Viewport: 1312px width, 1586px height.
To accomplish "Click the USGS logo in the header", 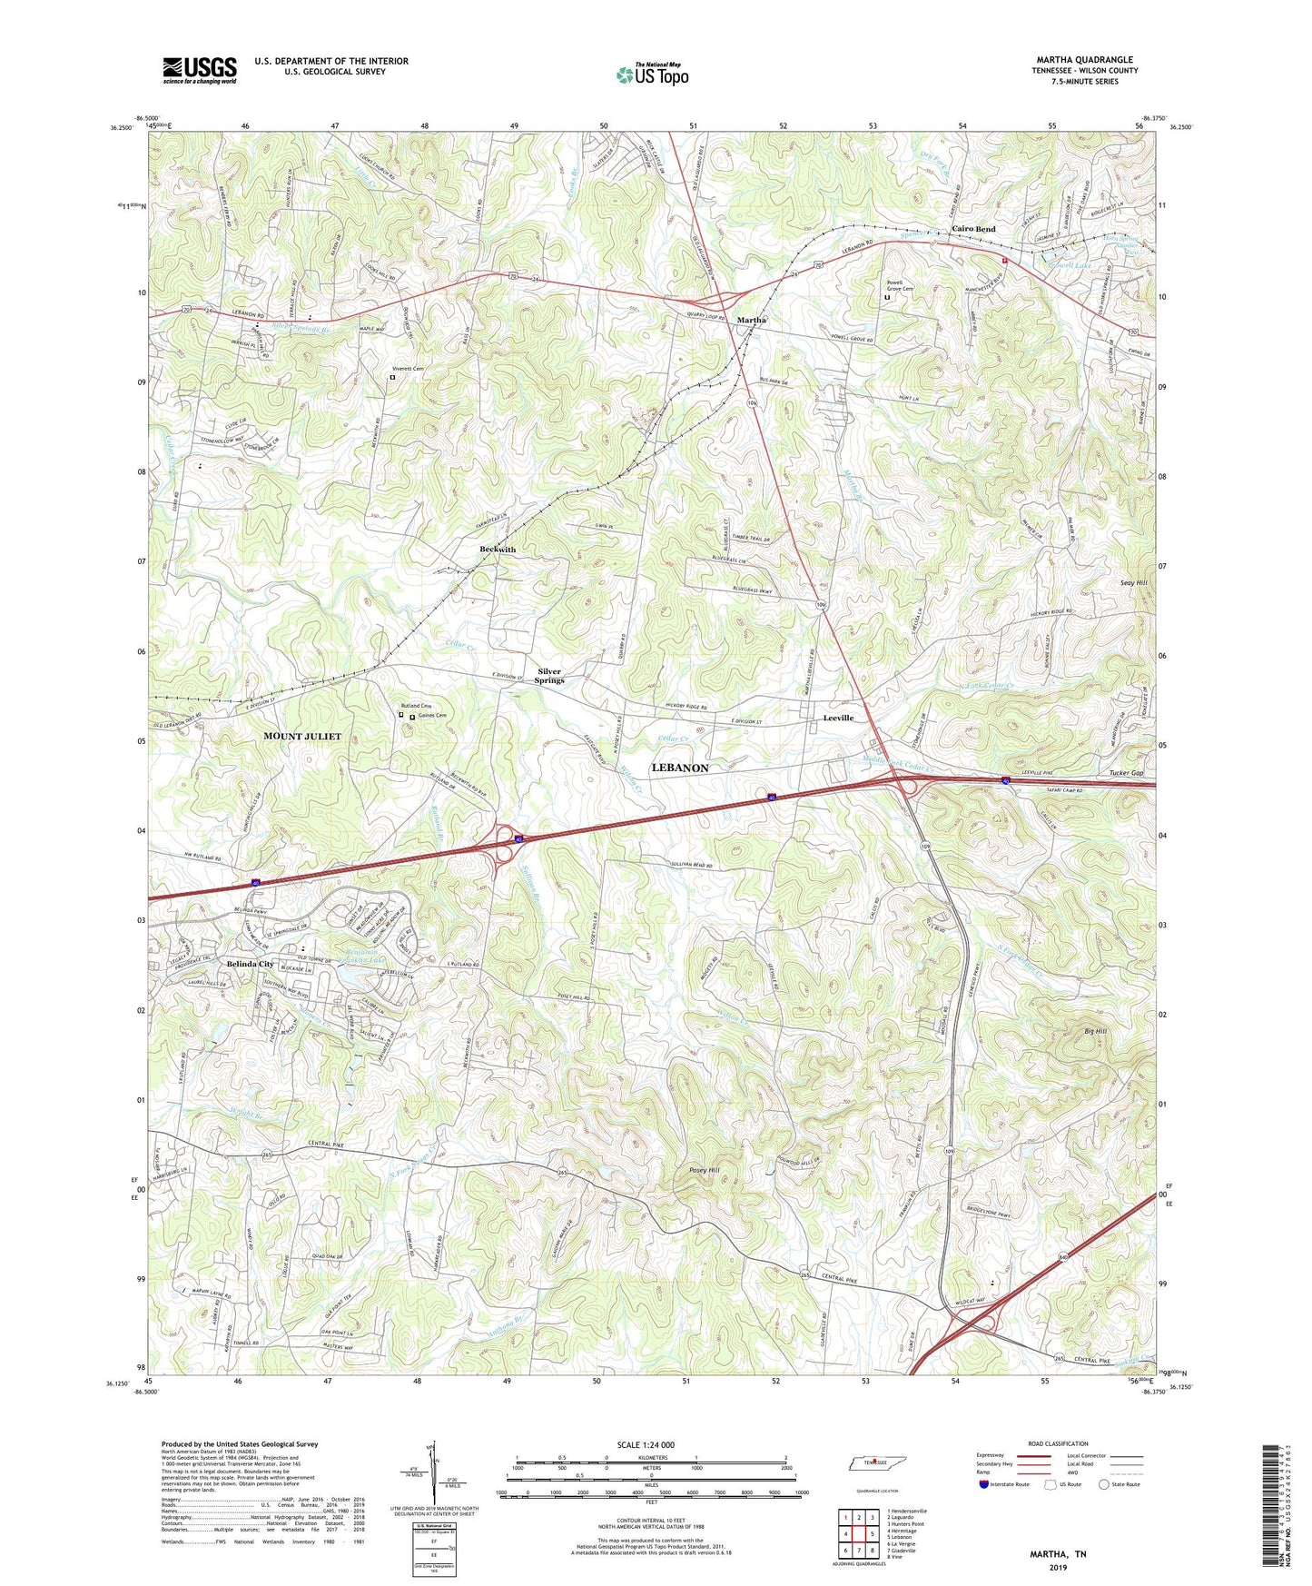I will click(200, 70).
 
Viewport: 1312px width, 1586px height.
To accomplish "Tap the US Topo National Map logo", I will click(652, 74).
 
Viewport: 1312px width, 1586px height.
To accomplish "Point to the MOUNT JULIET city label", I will click(302, 736).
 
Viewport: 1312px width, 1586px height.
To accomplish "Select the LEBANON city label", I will click(679, 768).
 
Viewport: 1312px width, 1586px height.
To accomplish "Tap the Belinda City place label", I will click(251, 964).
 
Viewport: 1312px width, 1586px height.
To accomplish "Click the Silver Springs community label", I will click(549, 676).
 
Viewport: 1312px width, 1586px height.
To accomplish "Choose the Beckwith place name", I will click(498, 550).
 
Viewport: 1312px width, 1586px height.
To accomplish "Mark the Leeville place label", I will click(838, 718).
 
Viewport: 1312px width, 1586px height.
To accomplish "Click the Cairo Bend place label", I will click(973, 229).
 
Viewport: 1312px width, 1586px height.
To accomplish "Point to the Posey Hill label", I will click(705, 1170).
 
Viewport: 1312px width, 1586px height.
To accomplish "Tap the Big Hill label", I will click(1095, 1032).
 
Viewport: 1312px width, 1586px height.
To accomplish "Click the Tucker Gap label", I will click(1126, 773).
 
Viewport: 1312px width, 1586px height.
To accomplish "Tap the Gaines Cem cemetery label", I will click(433, 716).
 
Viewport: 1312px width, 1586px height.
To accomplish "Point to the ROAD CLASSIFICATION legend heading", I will click(1058, 1443).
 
